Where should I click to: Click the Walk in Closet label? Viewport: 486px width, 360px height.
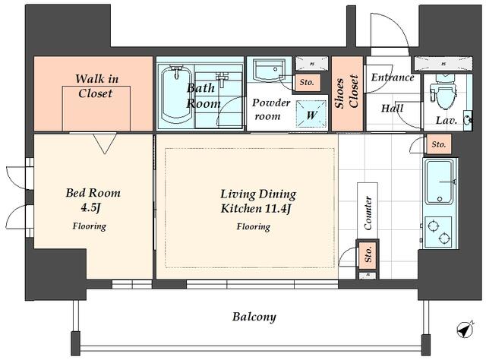pyautogui.click(x=96, y=86)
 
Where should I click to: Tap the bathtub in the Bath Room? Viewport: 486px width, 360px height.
pyautogui.click(x=175, y=96)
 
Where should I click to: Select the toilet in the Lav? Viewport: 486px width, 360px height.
pyautogui.click(x=443, y=92)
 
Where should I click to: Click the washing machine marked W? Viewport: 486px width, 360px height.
pyautogui.click(x=311, y=114)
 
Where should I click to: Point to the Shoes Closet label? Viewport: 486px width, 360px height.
pyautogui.click(x=347, y=93)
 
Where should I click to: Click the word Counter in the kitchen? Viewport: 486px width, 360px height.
pyautogui.click(x=368, y=213)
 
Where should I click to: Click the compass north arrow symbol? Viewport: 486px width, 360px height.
pyautogui.click(x=465, y=330)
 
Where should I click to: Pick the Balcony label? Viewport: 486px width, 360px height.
pyautogui.click(x=254, y=317)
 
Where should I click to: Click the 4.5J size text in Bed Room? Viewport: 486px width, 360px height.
pyautogui.click(x=90, y=208)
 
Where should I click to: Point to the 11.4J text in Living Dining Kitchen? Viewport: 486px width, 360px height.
pyautogui.click(x=276, y=209)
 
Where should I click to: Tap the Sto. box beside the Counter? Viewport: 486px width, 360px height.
pyautogui.click(x=368, y=254)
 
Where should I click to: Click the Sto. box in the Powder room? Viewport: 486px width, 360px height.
pyautogui.click(x=307, y=83)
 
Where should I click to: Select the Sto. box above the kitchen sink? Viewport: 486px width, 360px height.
pyautogui.click(x=439, y=144)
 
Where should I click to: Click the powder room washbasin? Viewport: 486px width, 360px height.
pyautogui.click(x=267, y=71)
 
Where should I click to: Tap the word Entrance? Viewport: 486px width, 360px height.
pyautogui.click(x=393, y=77)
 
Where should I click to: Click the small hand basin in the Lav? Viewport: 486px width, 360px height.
pyautogui.click(x=468, y=119)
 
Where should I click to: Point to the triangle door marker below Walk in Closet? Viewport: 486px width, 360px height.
pyautogui.click(x=105, y=144)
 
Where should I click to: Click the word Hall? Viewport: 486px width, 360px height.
pyautogui.click(x=392, y=108)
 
